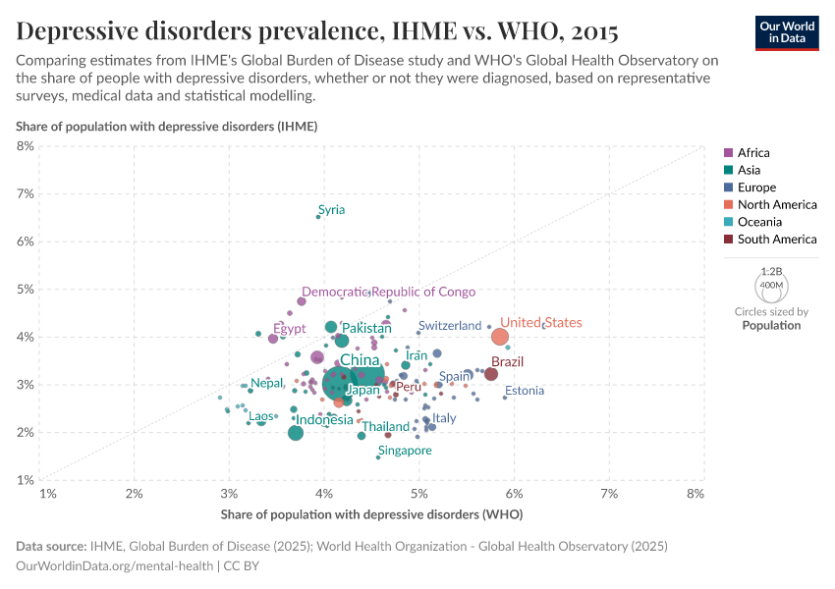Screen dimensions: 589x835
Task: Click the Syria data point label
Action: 331,210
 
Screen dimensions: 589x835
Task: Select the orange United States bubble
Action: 500,337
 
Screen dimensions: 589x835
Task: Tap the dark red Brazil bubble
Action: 491,374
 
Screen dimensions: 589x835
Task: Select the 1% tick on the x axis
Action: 47,493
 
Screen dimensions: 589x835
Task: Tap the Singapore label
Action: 405,451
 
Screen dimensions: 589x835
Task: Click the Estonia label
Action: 524,391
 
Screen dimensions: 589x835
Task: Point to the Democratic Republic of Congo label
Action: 388,293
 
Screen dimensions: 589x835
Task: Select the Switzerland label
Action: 449,326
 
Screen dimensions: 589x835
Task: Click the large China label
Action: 360,360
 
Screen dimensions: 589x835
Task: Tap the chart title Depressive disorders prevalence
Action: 316,31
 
